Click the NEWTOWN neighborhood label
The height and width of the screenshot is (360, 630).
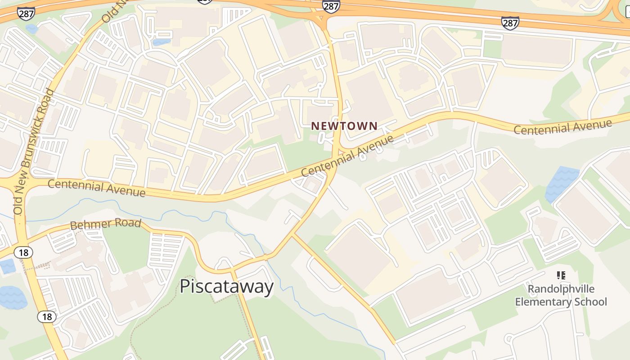[x=344, y=126]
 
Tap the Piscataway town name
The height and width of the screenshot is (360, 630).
[x=226, y=287]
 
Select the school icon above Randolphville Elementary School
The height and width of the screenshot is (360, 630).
[x=561, y=275]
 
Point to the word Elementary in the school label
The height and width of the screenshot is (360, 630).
[x=537, y=301]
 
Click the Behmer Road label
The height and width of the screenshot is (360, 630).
[x=106, y=224]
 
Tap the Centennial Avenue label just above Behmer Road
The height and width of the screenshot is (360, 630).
[x=96, y=188]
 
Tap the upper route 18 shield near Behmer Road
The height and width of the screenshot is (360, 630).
[x=23, y=252]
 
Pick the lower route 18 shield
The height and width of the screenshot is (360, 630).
[x=47, y=317]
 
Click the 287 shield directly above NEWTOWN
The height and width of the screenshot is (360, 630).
[x=331, y=5]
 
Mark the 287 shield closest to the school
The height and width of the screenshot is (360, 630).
[x=510, y=22]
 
